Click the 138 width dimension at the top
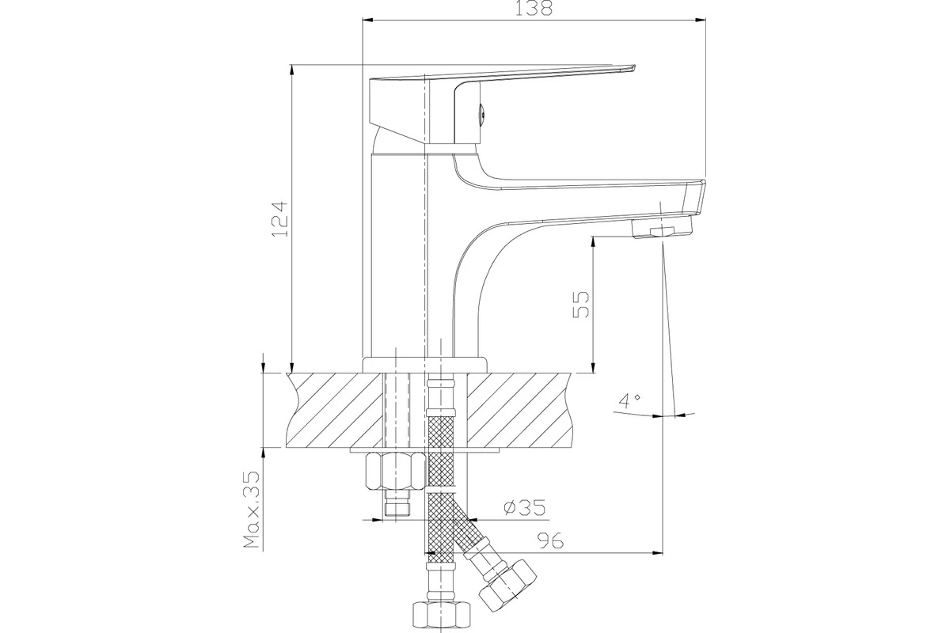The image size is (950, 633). coord(534,8)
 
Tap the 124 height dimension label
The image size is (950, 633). coord(280,218)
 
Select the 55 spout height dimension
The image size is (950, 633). coord(580,304)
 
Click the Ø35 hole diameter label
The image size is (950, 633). coord(524,507)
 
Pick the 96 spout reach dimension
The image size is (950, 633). coord(550,540)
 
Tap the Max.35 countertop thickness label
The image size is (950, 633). coord(252,509)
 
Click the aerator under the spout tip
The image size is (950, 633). coord(662,227)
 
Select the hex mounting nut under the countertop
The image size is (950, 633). coord(395,470)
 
